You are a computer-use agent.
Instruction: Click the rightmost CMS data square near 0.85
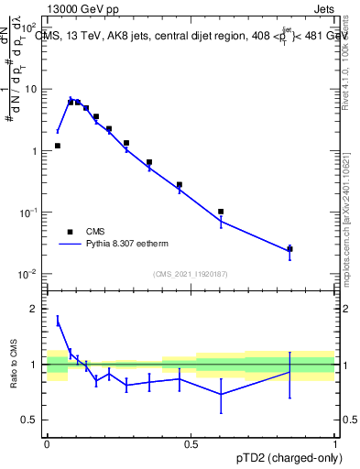pos(289,248)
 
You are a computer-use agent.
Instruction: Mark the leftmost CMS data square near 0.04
pos(58,146)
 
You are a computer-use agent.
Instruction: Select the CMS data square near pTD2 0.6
pos(221,212)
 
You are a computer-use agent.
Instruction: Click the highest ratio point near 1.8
pos(58,321)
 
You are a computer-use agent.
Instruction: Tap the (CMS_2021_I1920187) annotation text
pos(191,274)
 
